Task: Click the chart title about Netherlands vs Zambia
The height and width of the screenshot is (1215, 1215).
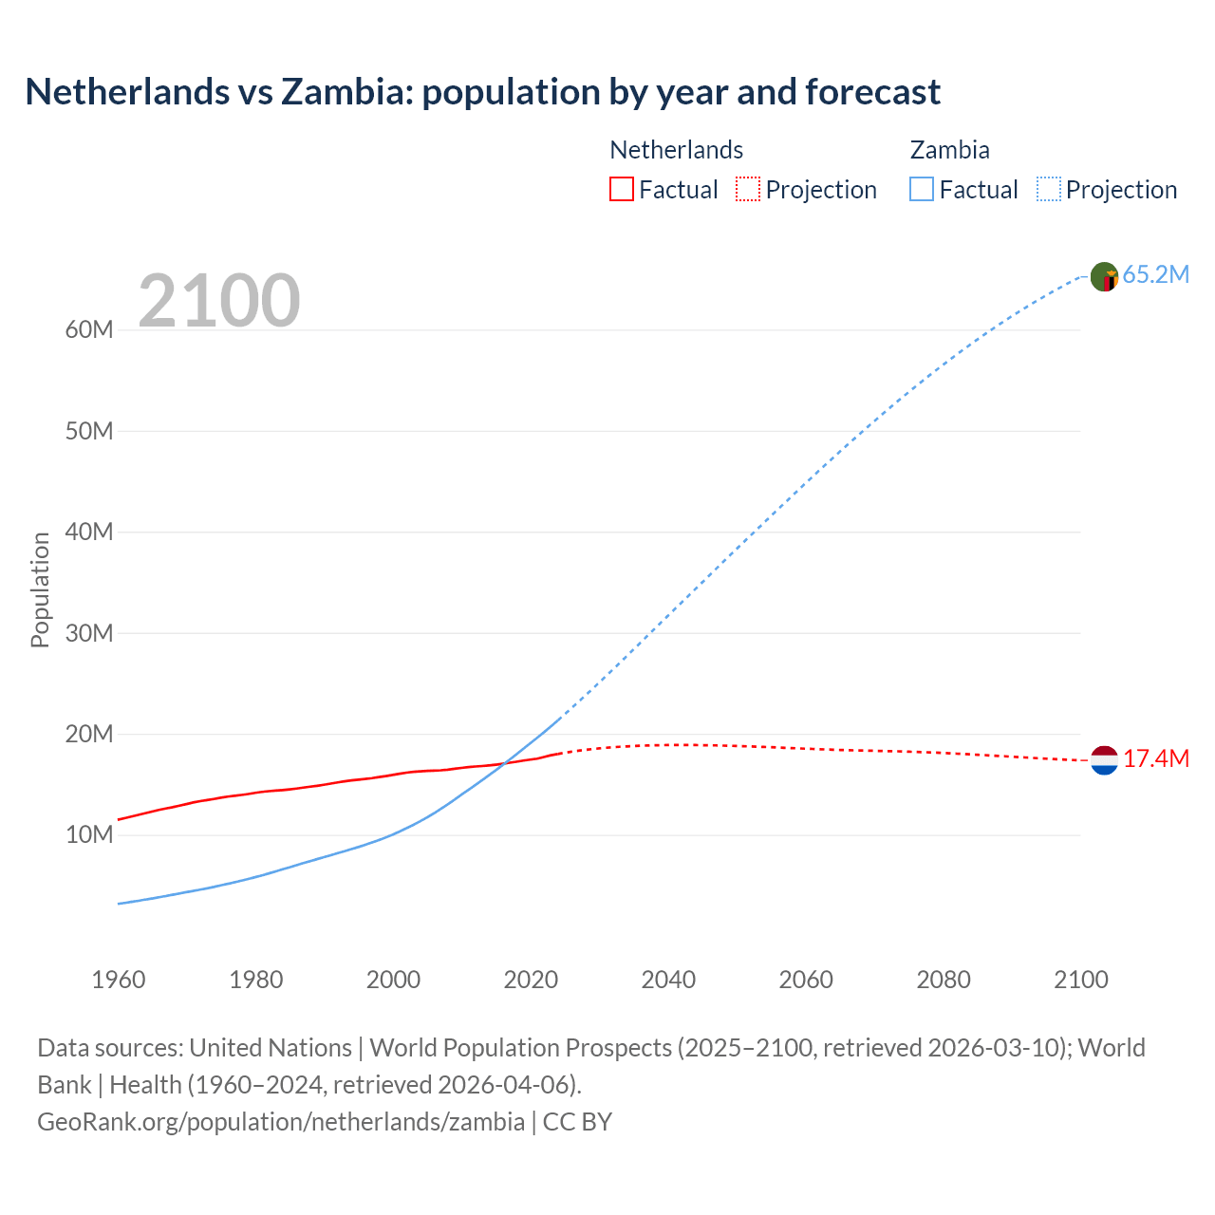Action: (482, 92)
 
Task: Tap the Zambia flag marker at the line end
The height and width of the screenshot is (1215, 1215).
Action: (1104, 276)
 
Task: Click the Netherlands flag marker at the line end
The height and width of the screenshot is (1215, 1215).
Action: (1104, 760)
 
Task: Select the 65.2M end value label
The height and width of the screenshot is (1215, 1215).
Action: (1155, 275)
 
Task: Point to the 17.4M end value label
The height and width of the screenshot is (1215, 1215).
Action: (1155, 759)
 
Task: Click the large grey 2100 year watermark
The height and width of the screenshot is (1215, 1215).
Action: (219, 301)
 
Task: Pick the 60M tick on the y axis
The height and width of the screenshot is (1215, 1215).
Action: (89, 330)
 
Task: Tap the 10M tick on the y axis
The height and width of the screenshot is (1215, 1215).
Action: (89, 835)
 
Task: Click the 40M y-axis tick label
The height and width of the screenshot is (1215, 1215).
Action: (89, 533)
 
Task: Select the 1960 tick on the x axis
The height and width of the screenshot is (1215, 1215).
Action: (119, 980)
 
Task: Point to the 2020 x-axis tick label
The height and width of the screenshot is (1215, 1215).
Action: (531, 980)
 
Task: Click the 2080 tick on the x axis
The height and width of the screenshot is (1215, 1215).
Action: (944, 980)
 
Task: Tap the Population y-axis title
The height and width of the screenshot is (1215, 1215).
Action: (40, 589)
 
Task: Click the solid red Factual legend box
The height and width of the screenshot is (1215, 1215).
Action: (621, 190)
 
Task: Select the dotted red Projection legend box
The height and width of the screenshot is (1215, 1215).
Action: (748, 190)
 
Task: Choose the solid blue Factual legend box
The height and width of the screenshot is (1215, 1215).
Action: (922, 190)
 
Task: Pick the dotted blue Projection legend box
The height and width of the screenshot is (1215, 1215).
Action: (1048, 190)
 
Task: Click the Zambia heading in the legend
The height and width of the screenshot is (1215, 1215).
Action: (949, 150)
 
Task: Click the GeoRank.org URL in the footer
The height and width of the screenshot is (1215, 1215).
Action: (281, 1122)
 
